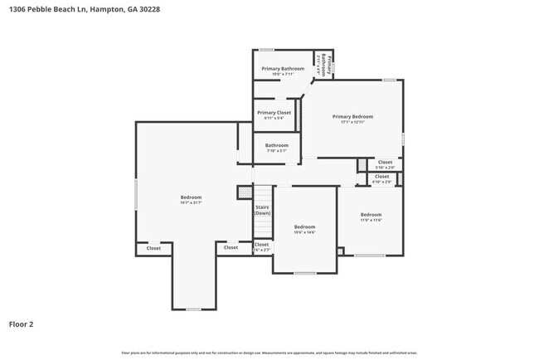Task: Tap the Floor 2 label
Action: [22, 324]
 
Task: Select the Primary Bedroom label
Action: [353, 117]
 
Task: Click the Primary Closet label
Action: [274, 113]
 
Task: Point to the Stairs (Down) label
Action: [262, 210]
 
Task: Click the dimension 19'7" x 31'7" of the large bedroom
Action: [192, 202]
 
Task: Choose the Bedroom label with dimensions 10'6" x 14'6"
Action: [304, 227]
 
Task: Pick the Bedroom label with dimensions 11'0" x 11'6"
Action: [371, 215]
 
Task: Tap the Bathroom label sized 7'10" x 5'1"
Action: [276, 146]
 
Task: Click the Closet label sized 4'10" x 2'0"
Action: [381, 178]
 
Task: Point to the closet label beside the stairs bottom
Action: [261, 246]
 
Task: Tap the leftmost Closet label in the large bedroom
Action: [153, 248]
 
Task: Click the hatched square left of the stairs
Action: [244, 192]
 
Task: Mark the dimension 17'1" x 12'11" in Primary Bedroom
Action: [353, 122]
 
